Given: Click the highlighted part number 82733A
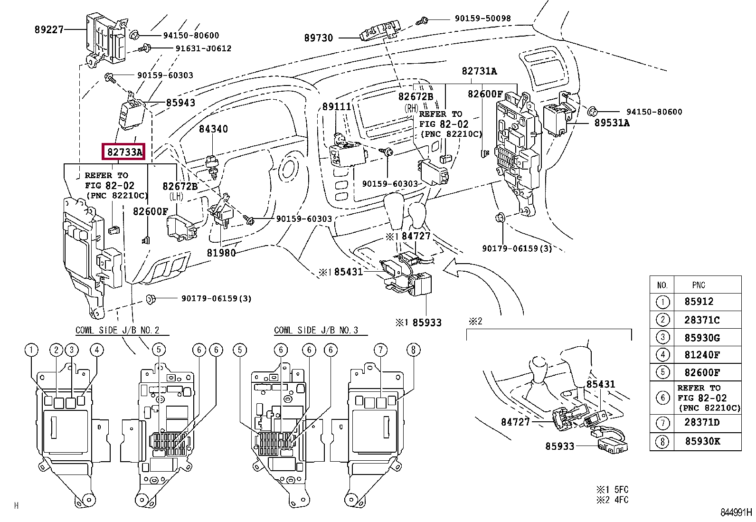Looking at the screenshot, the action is pos(124,152).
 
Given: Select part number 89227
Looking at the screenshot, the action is pos(49,30).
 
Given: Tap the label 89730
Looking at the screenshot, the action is pos(318,38).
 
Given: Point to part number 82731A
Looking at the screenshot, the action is pos(479,71).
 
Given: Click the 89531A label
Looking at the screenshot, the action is pos(612,123).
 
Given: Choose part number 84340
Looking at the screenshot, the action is pos(213,129).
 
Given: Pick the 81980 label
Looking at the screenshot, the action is pos(221,253).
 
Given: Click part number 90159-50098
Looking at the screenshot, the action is pos(482,18).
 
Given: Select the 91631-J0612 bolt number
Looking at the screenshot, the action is pos(204,48).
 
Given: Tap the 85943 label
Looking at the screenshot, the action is pos(180,102).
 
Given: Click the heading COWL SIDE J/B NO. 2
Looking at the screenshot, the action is pos(117,330).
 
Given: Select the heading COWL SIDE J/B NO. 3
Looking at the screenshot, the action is pos(316,330).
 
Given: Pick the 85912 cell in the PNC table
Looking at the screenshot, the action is pos(699,302).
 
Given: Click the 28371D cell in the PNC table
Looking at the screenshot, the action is pos(702,422).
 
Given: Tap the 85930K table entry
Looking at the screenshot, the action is pos(703,441).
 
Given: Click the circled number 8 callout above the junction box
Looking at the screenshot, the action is pos(414,350).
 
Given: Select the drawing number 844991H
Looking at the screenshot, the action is pos(736,513).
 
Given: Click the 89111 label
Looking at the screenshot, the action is pos(337,106).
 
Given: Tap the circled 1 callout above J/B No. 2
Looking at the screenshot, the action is pos(32,350).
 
